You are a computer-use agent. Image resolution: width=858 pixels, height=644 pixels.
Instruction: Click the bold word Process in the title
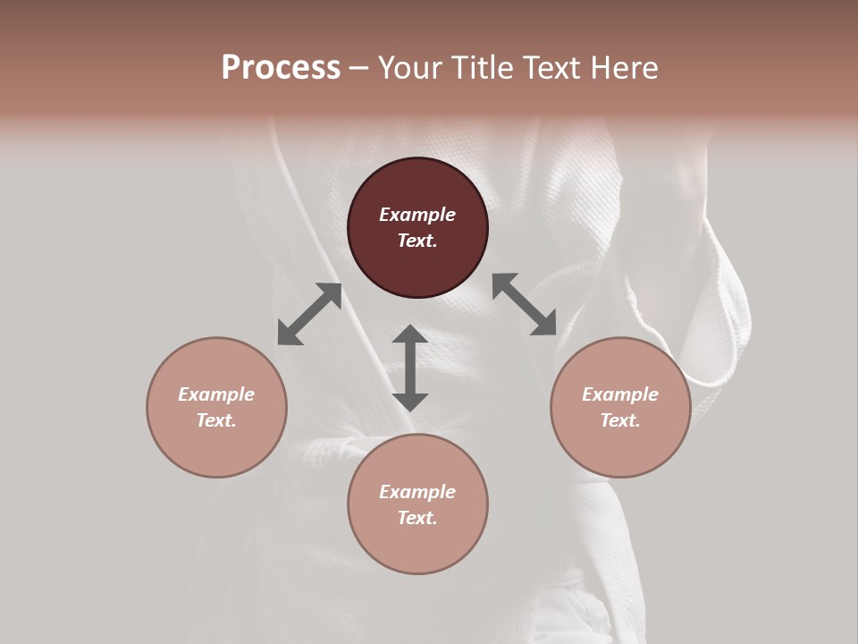pyautogui.click(x=281, y=68)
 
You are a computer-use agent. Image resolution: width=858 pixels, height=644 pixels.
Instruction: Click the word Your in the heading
pyautogui.click(x=409, y=68)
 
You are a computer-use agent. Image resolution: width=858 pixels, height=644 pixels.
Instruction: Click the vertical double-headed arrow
pyautogui.click(x=410, y=368)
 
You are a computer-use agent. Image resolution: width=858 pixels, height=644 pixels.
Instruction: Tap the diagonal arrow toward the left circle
pyautogui.click(x=309, y=314)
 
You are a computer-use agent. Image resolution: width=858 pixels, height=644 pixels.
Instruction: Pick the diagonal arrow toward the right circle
pyautogui.click(x=525, y=304)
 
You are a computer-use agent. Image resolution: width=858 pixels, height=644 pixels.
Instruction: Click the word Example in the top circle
pyautogui.click(x=417, y=215)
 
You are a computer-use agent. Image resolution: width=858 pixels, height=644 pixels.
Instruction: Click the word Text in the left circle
pyautogui.click(x=216, y=420)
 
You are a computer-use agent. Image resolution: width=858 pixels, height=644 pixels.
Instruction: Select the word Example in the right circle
pyautogui.click(x=620, y=394)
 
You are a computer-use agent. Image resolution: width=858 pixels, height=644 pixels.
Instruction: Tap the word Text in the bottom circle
pyautogui.click(x=417, y=518)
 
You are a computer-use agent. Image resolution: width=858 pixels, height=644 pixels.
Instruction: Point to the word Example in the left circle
pyautogui.click(x=216, y=394)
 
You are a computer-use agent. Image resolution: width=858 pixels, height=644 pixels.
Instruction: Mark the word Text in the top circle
pyautogui.click(x=417, y=241)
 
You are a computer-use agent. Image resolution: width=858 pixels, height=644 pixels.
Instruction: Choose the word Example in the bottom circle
pyautogui.click(x=417, y=492)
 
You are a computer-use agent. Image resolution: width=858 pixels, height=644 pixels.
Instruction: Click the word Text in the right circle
pyautogui.click(x=620, y=420)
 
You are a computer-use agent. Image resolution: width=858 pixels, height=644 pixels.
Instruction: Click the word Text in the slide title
pyautogui.click(x=554, y=68)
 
